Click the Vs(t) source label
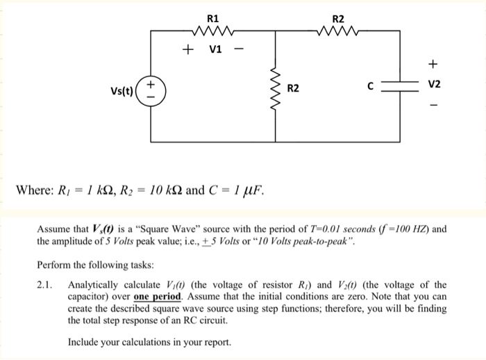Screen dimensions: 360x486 [x=125, y=91]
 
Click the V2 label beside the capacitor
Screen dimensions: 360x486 [x=435, y=86]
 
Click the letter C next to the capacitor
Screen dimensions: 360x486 [x=371, y=87]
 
